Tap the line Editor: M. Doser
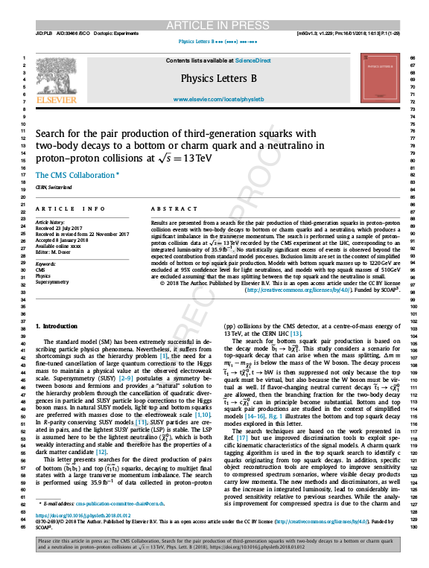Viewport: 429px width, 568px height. point(55,252)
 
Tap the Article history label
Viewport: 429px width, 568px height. point(51,222)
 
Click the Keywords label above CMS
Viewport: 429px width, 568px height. point(46,264)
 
